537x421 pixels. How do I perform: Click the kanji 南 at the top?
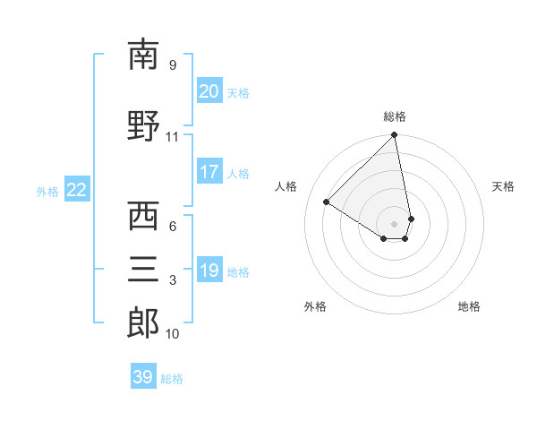(x=143, y=55)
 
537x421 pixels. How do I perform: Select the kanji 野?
(x=143, y=125)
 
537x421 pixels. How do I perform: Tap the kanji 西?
(x=143, y=216)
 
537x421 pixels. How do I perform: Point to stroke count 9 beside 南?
(x=173, y=65)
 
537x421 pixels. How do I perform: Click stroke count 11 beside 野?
(x=172, y=137)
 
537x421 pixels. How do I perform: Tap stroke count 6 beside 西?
(x=173, y=227)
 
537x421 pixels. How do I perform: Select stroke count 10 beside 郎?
(x=172, y=334)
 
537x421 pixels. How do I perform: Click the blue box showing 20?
(x=209, y=91)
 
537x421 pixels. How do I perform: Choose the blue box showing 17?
(x=209, y=172)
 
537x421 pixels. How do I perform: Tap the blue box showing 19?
(x=209, y=271)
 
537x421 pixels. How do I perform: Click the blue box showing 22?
(x=77, y=189)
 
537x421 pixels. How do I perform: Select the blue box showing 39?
(x=142, y=377)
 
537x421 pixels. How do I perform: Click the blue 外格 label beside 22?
(x=47, y=191)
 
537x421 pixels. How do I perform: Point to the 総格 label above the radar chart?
(x=395, y=116)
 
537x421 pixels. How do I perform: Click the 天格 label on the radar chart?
(x=503, y=186)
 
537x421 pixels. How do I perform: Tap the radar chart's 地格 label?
(x=469, y=306)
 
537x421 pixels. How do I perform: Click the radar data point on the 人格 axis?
(x=327, y=202)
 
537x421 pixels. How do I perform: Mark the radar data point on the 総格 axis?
(x=395, y=135)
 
